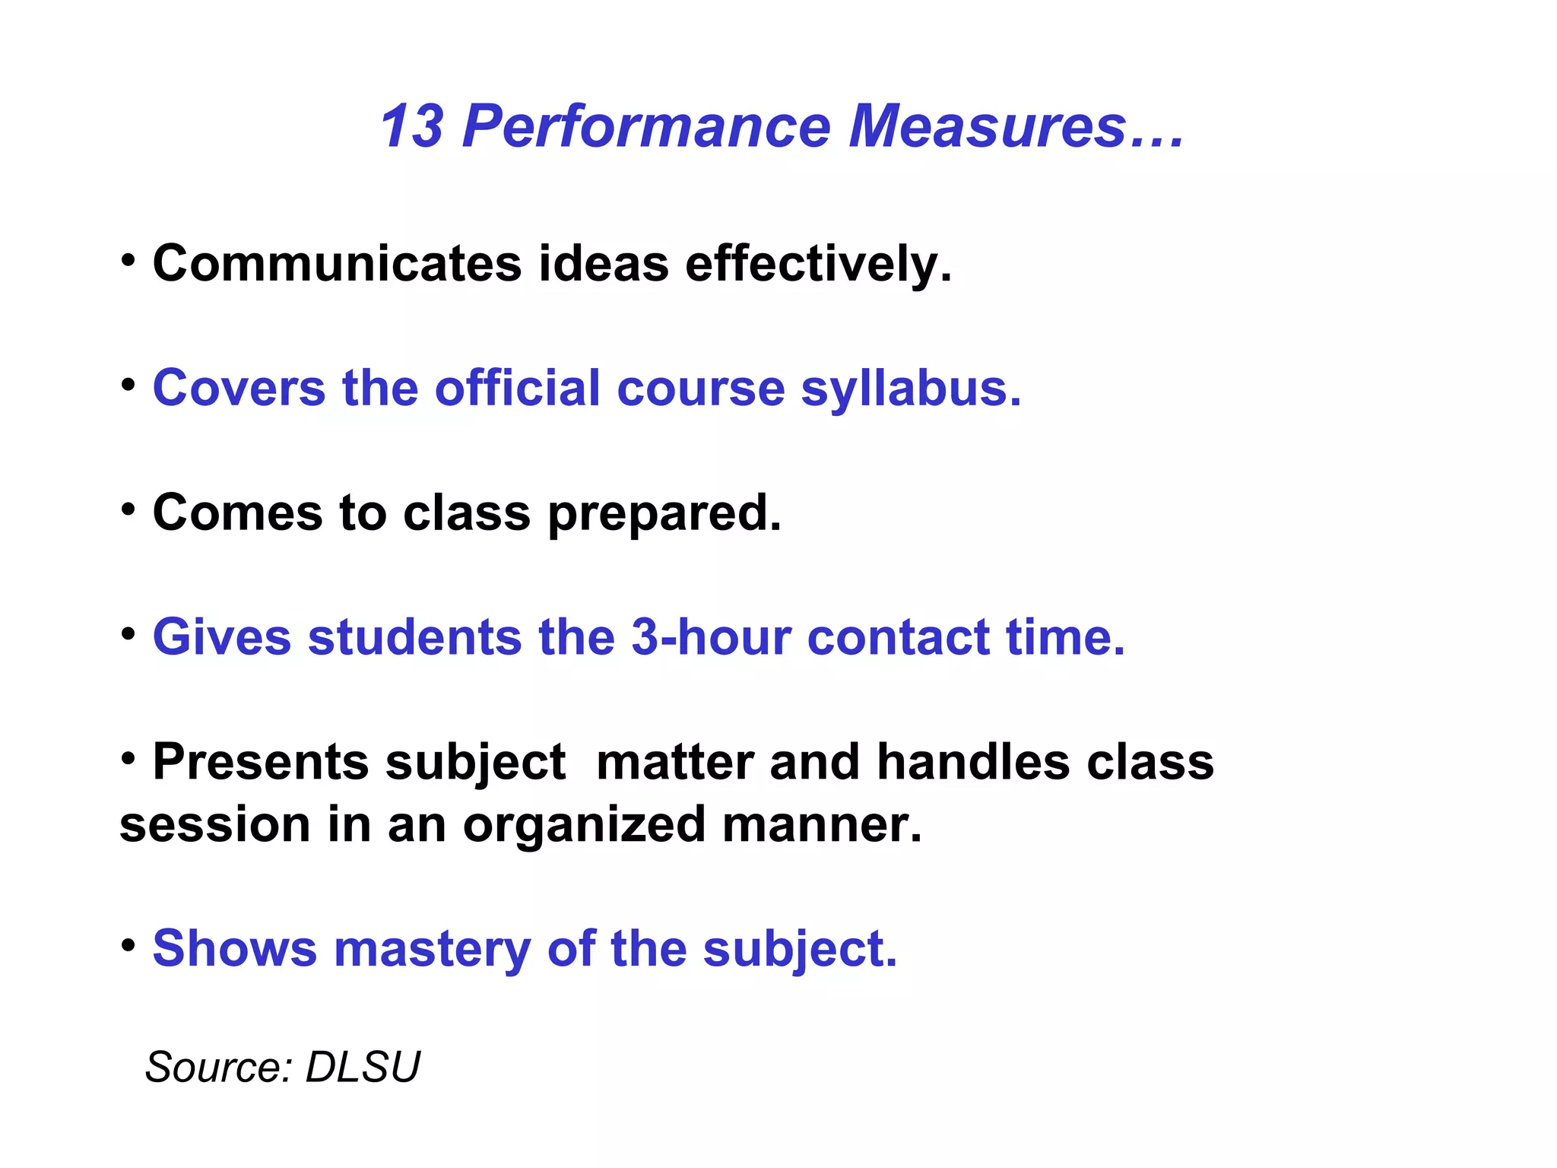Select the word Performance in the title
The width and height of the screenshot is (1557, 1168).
(x=646, y=126)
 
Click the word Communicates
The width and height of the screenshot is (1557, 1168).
(x=337, y=264)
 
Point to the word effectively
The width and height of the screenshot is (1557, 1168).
(x=817, y=264)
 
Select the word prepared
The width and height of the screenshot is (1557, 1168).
(x=664, y=514)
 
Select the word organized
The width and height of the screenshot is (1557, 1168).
(x=584, y=826)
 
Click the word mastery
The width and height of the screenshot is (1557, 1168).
(x=432, y=949)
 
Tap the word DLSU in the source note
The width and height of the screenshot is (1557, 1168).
(x=362, y=1067)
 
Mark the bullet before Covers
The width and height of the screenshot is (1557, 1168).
(x=128, y=385)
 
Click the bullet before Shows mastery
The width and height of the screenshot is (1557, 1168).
(x=128, y=946)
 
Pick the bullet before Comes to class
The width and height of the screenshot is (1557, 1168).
(x=128, y=509)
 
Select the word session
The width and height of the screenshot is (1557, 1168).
(x=215, y=826)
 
